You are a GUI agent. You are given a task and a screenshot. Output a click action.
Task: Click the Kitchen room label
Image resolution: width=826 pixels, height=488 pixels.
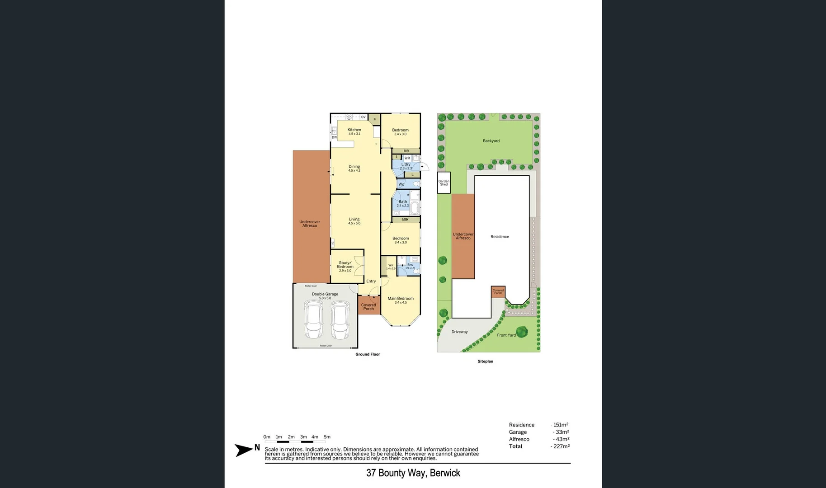(354, 131)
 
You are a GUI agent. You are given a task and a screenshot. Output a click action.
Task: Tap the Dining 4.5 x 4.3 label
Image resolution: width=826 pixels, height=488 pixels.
(354, 168)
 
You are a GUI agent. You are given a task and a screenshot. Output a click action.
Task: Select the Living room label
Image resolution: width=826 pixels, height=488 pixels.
(354, 221)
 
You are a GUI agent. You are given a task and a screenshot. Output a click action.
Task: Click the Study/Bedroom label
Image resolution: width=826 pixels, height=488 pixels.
(345, 267)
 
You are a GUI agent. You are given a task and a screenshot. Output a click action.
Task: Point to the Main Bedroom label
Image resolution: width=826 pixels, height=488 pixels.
(401, 300)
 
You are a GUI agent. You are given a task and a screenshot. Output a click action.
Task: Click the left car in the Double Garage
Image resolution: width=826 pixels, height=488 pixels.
(314, 320)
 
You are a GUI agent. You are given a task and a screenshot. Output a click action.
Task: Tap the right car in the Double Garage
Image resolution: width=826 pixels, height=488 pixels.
(340, 320)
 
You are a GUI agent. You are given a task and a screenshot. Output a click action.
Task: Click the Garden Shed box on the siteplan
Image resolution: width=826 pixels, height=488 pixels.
(444, 183)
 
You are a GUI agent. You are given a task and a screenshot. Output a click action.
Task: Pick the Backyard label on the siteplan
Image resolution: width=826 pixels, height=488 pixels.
(491, 141)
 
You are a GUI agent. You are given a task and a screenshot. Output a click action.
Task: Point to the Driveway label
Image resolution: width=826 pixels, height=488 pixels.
(459, 332)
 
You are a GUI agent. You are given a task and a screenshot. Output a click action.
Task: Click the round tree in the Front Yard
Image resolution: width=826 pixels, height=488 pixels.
(522, 332)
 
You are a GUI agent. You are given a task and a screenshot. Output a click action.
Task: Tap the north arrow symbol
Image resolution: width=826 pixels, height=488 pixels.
(244, 450)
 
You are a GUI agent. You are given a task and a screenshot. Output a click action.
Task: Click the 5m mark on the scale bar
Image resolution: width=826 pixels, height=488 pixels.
(327, 437)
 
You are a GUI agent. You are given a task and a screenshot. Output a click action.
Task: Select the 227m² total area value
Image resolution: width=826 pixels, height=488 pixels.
(561, 446)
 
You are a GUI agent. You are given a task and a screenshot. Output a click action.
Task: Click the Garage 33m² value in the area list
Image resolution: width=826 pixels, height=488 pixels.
(561, 432)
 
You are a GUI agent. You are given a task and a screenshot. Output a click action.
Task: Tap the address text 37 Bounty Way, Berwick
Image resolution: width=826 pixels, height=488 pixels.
(413, 473)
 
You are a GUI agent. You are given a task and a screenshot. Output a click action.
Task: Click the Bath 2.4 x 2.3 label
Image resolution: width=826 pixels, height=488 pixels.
(402, 203)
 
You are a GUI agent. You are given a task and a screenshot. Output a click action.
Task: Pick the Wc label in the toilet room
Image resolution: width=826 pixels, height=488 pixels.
(401, 184)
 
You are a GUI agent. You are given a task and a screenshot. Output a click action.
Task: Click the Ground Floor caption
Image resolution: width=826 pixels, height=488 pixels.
(368, 354)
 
